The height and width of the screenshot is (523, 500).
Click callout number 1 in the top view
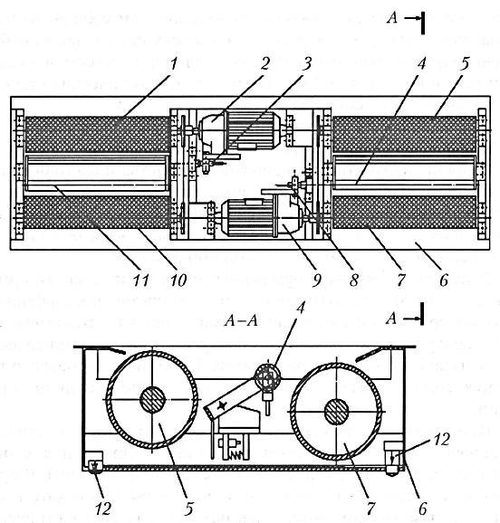(x=173, y=63)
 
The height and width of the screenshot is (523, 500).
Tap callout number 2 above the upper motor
(x=264, y=63)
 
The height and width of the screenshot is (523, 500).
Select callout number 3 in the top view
(x=307, y=63)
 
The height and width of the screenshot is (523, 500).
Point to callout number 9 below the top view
(x=316, y=280)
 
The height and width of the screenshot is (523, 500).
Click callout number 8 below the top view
(x=353, y=280)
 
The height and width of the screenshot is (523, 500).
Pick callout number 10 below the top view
(x=178, y=280)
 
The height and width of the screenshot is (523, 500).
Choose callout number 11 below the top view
(x=140, y=280)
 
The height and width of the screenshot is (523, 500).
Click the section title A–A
(x=241, y=320)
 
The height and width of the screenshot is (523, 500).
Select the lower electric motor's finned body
(x=247, y=217)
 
